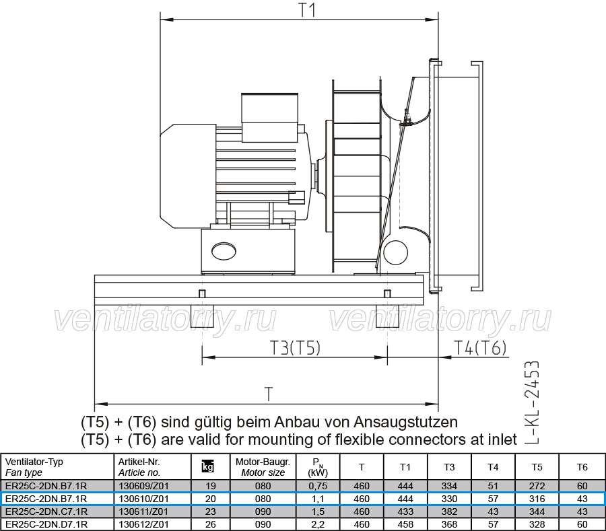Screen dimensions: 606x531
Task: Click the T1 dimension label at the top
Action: tap(308, 10)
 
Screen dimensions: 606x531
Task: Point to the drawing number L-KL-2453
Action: tap(531, 402)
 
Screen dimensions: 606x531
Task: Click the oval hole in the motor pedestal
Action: tap(224, 251)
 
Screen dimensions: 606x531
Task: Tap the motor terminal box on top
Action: tap(269, 117)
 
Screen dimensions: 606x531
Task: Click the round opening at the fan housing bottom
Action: tap(395, 252)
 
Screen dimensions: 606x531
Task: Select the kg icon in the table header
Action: tap(208, 467)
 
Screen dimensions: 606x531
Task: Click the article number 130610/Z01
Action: tap(143, 499)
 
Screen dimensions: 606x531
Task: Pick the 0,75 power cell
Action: tap(318, 486)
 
